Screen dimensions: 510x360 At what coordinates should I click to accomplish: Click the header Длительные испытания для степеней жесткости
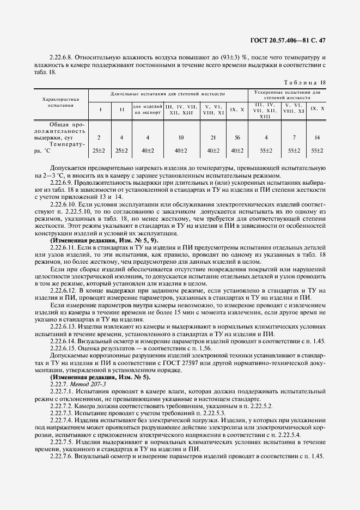(x=168, y=94)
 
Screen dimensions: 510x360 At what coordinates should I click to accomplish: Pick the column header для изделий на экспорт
(x=147, y=109)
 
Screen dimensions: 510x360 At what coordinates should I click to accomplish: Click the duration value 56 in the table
(x=237, y=138)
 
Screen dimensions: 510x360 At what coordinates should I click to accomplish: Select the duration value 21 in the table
(x=213, y=138)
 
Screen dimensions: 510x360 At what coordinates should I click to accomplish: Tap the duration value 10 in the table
(x=181, y=138)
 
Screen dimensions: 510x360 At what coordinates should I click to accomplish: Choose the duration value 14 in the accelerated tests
(x=317, y=138)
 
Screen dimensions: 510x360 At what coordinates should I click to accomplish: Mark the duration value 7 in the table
(x=294, y=138)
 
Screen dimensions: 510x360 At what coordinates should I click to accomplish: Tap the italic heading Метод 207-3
(x=82, y=385)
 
